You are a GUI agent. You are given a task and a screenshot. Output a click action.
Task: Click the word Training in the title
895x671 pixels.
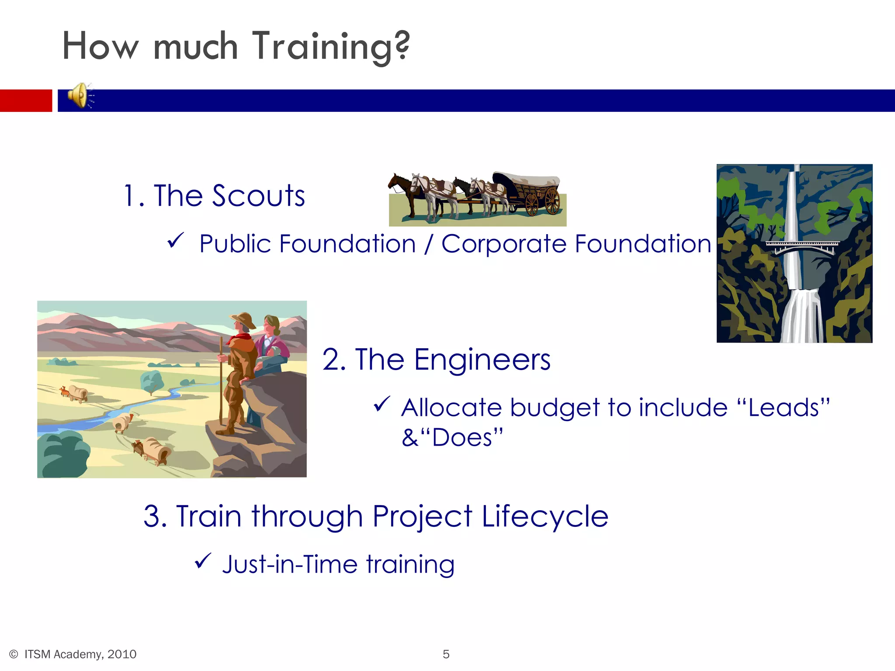331,47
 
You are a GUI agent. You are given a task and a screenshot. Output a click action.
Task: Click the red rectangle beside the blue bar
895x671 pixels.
25,100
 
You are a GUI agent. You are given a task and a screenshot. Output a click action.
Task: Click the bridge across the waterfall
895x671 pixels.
802,247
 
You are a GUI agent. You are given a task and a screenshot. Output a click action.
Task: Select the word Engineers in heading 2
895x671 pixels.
482,360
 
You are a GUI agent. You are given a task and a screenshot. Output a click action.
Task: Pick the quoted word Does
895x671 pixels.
462,438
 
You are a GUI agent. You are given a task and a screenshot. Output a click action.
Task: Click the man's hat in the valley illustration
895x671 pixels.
243,319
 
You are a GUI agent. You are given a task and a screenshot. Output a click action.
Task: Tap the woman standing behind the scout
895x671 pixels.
272,341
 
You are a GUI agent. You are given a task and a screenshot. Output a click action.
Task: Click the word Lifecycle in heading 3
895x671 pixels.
545,516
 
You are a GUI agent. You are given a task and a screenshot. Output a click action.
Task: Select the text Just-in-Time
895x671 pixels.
290,564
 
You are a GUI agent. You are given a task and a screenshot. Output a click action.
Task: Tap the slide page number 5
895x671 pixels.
446,654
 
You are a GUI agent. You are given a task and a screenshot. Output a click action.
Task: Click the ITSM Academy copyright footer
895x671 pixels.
73,654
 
